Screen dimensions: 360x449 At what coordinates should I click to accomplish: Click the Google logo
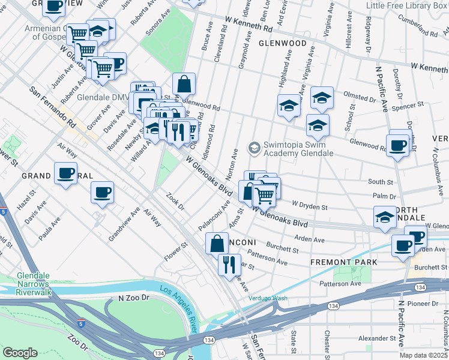20,353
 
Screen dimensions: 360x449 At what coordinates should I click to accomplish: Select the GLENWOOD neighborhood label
283,43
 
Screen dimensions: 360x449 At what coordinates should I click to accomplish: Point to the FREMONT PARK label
343,262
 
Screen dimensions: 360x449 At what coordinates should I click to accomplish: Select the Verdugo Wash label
268,298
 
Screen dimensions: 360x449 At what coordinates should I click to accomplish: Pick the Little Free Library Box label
407,5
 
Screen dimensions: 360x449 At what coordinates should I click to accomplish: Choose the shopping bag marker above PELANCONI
217,244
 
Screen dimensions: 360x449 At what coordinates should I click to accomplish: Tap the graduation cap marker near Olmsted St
322,98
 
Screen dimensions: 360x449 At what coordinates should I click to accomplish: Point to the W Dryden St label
310,207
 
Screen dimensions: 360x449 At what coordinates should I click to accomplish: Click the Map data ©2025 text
423,355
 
